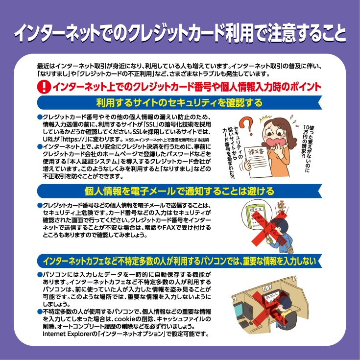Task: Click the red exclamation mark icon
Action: click(x=44, y=87)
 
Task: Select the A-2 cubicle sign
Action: click(x=267, y=288)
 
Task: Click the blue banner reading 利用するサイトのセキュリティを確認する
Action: click(x=179, y=103)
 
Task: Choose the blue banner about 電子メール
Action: click(x=179, y=191)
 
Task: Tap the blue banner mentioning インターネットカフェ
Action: click(x=179, y=261)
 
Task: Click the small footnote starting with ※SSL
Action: click(x=167, y=140)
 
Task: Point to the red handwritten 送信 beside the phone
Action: click(x=282, y=208)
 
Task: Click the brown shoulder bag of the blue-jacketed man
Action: click(x=290, y=250)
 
